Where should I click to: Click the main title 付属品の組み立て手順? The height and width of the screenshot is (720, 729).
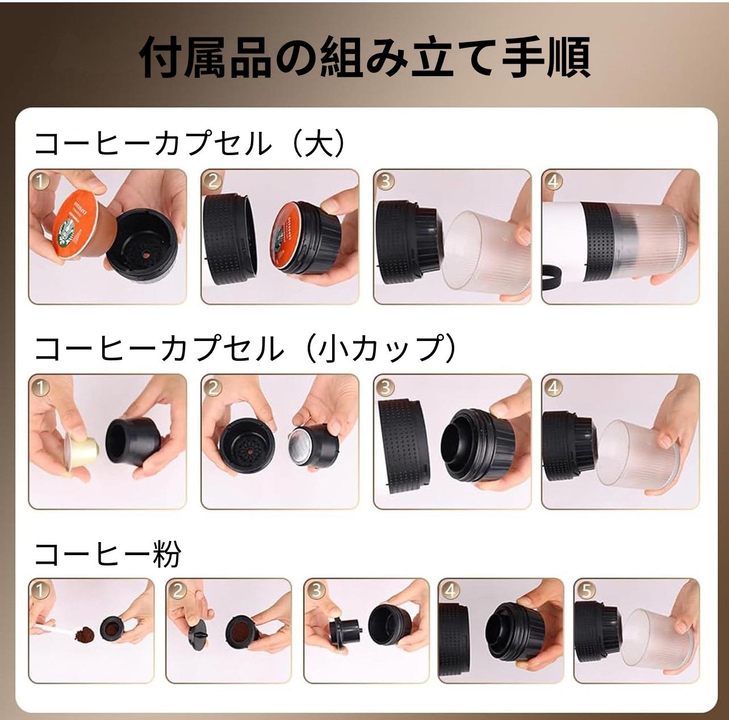[x=364, y=57]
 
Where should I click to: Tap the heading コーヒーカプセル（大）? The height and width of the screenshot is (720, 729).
[x=190, y=144]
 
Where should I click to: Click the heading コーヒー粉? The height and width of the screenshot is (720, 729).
[x=107, y=555]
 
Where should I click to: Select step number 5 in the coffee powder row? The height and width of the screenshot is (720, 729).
[x=585, y=590]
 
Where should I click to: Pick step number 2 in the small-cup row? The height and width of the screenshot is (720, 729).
[x=213, y=388]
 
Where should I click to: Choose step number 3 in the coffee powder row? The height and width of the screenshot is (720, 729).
[x=315, y=590]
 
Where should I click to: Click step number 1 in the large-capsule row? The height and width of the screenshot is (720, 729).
[x=40, y=181]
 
